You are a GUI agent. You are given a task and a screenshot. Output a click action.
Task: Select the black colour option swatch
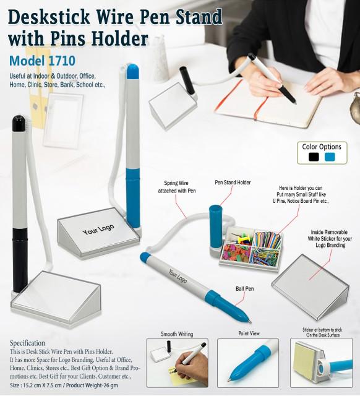(x=314, y=157)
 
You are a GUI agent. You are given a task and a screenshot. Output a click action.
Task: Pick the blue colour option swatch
(x=330, y=157)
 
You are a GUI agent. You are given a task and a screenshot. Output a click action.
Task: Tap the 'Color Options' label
(x=322, y=147)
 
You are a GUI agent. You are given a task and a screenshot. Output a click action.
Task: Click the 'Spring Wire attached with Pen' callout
(x=179, y=187)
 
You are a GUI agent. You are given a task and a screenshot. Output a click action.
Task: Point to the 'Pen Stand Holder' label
(x=233, y=183)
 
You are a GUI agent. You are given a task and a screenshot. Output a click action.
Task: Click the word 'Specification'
(x=27, y=343)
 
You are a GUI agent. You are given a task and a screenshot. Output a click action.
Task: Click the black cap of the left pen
(x=19, y=123)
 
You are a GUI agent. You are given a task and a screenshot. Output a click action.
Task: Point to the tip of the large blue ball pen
(x=249, y=322)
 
